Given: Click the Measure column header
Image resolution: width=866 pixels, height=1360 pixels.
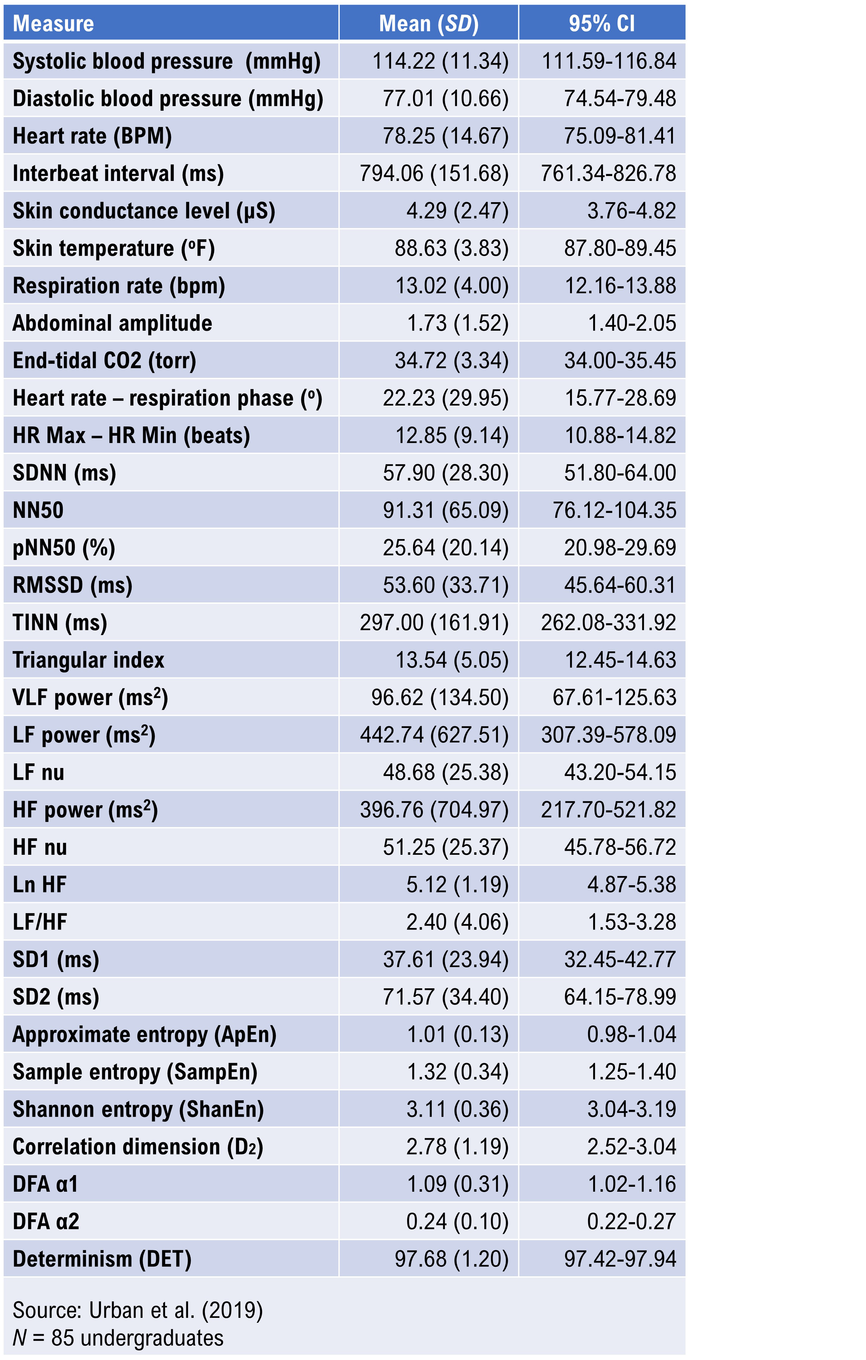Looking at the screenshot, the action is pyautogui.click(x=53, y=24).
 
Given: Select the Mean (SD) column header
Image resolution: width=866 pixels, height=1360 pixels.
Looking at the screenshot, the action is pyautogui.click(x=428, y=24).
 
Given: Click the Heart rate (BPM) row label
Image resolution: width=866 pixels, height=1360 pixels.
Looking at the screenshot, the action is pyautogui.click(x=92, y=136).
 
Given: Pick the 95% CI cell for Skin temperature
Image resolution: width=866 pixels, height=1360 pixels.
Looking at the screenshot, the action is pyautogui.click(x=620, y=248).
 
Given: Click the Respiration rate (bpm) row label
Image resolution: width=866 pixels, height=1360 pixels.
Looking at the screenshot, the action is pyautogui.click(x=119, y=286).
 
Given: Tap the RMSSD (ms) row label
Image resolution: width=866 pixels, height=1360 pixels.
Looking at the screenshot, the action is pyautogui.click(x=72, y=585).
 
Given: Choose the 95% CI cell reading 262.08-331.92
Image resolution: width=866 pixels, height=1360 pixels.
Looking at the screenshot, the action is pyautogui.click(x=608, y=622).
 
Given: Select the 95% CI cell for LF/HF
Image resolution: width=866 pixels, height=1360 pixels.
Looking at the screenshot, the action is pyautogui.click(x=632, y=922).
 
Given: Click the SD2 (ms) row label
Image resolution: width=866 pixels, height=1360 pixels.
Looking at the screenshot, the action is pyautogui.click(x=56, y=997).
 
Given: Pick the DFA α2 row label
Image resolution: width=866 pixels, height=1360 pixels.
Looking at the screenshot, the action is pyautogui.click(x=46, y=1221).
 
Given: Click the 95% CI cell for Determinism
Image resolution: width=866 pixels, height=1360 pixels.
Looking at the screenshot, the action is pyautogui.click(x=620, y=1258).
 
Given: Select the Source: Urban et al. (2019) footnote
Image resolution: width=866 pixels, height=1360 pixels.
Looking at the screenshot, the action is pyautogui.click(x=137, y=1310).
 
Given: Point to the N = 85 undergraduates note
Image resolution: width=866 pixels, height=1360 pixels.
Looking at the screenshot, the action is pyautogui.click(x=118, y=1338).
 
